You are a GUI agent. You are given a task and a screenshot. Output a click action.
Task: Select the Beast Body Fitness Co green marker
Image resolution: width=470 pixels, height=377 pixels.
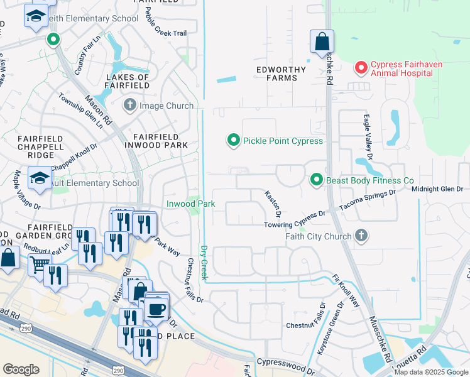coord(317,180)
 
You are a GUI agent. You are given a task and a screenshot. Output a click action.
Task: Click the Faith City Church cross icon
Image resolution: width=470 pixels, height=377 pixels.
coord(361,236)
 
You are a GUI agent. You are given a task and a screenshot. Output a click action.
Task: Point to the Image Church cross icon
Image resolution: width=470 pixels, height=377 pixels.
coord(130,105)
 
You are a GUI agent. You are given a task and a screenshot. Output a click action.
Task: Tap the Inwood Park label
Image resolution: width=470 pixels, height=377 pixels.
coord(190,204)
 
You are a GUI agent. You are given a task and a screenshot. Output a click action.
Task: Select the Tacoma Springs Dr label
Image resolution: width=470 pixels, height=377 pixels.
coord(368,200)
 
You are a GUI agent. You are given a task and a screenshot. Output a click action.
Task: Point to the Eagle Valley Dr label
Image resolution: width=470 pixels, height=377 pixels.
coord(367,137)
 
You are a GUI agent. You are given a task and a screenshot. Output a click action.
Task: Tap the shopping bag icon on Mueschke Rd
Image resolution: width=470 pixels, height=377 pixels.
coord(322,42)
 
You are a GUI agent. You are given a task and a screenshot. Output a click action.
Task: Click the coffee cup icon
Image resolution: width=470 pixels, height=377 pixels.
coord(156,309)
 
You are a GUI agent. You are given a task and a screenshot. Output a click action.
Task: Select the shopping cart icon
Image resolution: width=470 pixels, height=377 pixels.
coord(40,265)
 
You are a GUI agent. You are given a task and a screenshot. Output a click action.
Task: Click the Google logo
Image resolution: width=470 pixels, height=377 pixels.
coord(21,369)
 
